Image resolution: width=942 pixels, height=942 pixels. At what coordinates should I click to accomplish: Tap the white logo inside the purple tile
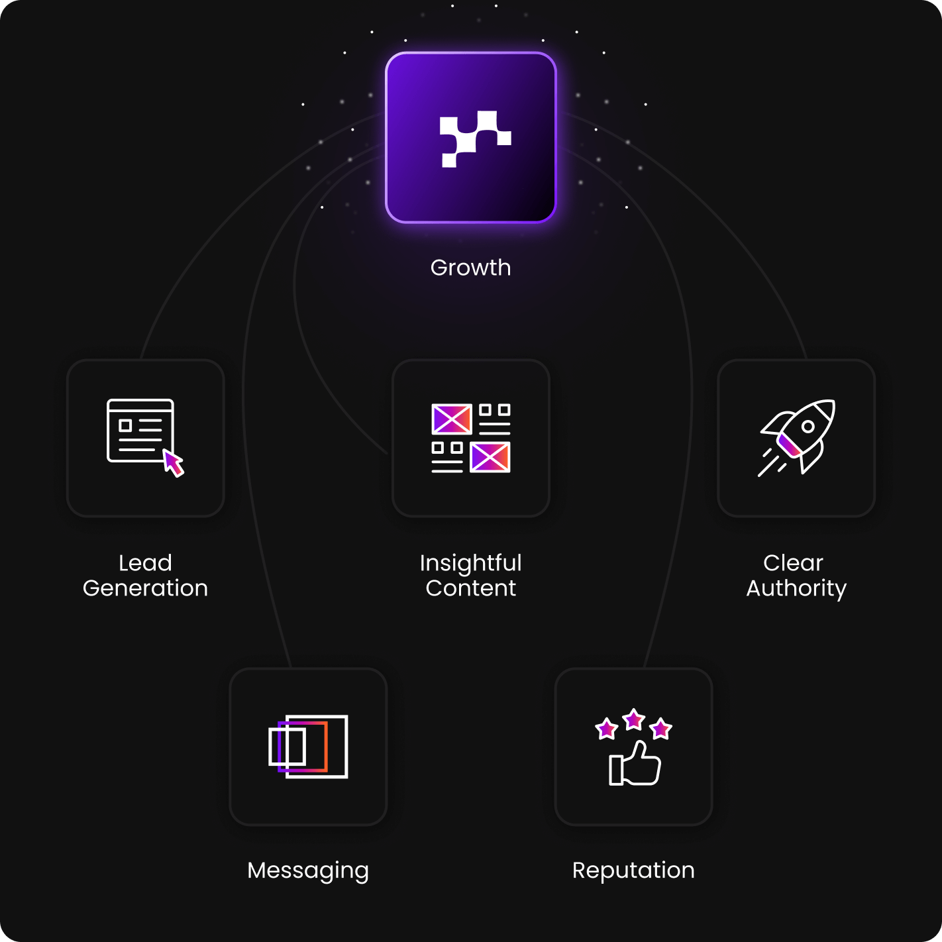click(475, 138)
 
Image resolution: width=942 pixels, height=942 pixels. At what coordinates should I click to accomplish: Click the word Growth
click(470, 268)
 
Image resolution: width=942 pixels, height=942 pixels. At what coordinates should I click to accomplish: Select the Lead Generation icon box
click(146, 438)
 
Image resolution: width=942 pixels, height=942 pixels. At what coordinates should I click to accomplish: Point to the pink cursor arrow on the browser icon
click(174, 463)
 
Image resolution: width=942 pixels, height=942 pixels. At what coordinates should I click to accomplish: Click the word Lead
click(145, 563)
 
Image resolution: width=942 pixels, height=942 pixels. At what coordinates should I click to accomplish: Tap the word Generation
click(145, 588)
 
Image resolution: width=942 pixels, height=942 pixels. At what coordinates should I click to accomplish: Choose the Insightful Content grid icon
click(470, 438)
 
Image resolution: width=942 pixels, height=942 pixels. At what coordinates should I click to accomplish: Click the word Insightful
click(470, 563)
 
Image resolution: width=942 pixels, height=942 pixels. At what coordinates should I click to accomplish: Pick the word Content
click(470, 588)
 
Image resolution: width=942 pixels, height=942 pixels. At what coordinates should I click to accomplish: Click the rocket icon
click(797, 437)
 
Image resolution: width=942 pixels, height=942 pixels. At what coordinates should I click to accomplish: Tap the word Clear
click(793, 563)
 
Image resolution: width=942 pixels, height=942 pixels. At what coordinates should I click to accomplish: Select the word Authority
click(796, 588)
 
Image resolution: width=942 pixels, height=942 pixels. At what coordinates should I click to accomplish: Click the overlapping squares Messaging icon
click(308, 747)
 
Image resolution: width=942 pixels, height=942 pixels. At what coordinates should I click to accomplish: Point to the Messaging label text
click(308, 870)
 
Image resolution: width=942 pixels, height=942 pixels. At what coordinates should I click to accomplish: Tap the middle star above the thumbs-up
click(634, 719)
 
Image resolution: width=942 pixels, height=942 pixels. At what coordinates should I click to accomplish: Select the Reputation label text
click(633, 870)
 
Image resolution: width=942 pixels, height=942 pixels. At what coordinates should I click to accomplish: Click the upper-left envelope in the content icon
click(451, 419)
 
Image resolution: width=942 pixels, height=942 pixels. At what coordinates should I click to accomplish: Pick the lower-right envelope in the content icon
click(490, 457)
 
